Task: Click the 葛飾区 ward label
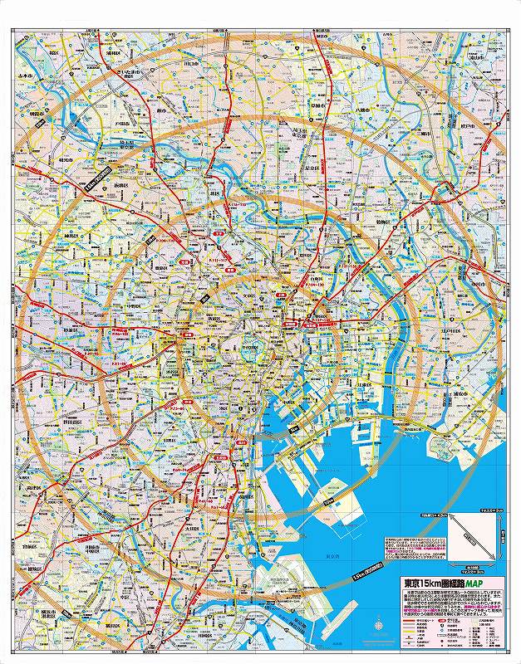tap(382, 224)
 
